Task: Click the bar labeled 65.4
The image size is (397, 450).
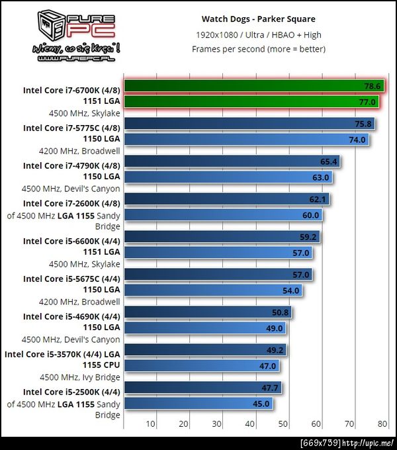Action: [x=232, y=161]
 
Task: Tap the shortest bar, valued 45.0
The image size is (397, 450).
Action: [x=198, y=404]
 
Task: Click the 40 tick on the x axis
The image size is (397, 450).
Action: [x=250, y=424]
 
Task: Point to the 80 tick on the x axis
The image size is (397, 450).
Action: [x=382, y=424]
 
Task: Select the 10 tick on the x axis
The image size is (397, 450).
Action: [x=151, y=424]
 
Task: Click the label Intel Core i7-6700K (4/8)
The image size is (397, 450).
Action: [x=71, y=91]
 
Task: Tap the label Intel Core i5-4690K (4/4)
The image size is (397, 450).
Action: [x=71, y=317]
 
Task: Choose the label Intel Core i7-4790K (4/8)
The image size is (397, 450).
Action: [x=71, y=166]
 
